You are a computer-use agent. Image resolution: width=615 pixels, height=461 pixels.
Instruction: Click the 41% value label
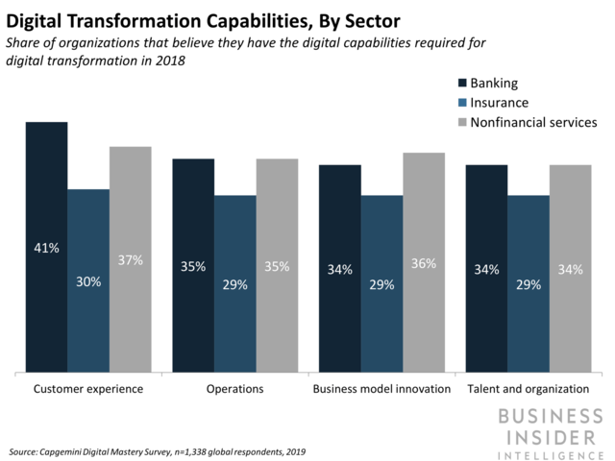coord(46,248)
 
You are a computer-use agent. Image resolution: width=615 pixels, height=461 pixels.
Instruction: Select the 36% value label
coord(424,263)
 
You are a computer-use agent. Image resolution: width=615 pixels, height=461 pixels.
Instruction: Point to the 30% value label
coord(88,281)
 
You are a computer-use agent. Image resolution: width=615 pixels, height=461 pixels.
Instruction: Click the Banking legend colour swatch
coord(463,83)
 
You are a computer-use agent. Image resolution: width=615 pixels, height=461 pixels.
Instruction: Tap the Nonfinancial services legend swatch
coord(463,123)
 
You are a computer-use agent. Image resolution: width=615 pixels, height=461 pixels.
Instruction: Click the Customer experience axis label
coord(88,389)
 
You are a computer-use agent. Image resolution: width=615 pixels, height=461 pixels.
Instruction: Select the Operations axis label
coord(234,389)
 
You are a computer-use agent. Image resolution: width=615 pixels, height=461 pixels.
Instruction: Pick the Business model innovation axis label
coord(381,389)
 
